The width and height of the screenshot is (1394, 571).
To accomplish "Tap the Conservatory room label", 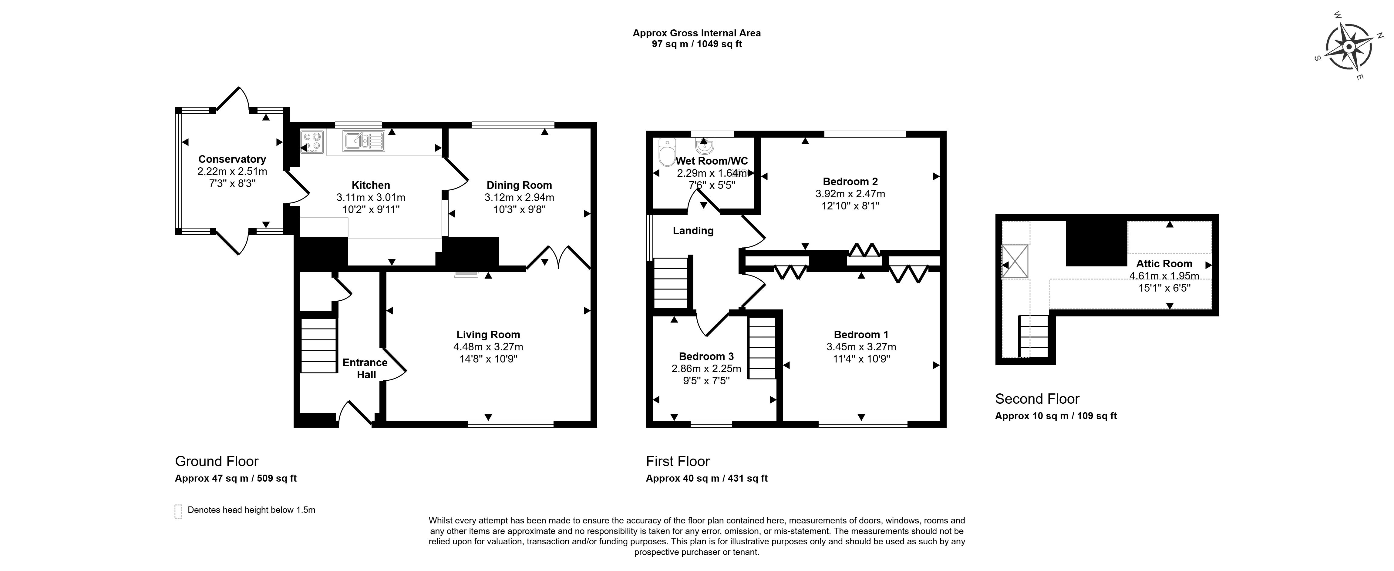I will click(232, 159).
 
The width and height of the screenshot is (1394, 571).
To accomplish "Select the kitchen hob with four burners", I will click(312, 142).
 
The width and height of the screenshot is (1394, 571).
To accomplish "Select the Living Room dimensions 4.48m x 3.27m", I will click(488, 347).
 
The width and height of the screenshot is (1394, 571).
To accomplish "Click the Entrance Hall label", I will click(365, 368).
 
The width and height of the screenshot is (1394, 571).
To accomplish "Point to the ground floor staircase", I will click(319, 345).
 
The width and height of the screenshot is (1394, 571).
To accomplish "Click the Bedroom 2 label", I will click(850, 182).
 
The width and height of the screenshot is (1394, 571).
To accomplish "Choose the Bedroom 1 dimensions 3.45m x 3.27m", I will click(861, 347).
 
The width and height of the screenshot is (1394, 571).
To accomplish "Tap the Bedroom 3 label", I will click(706, 356).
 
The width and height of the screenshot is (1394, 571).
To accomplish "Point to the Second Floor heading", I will click(1037, 399).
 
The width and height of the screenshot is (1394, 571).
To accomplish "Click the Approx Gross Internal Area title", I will click(696, 33).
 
